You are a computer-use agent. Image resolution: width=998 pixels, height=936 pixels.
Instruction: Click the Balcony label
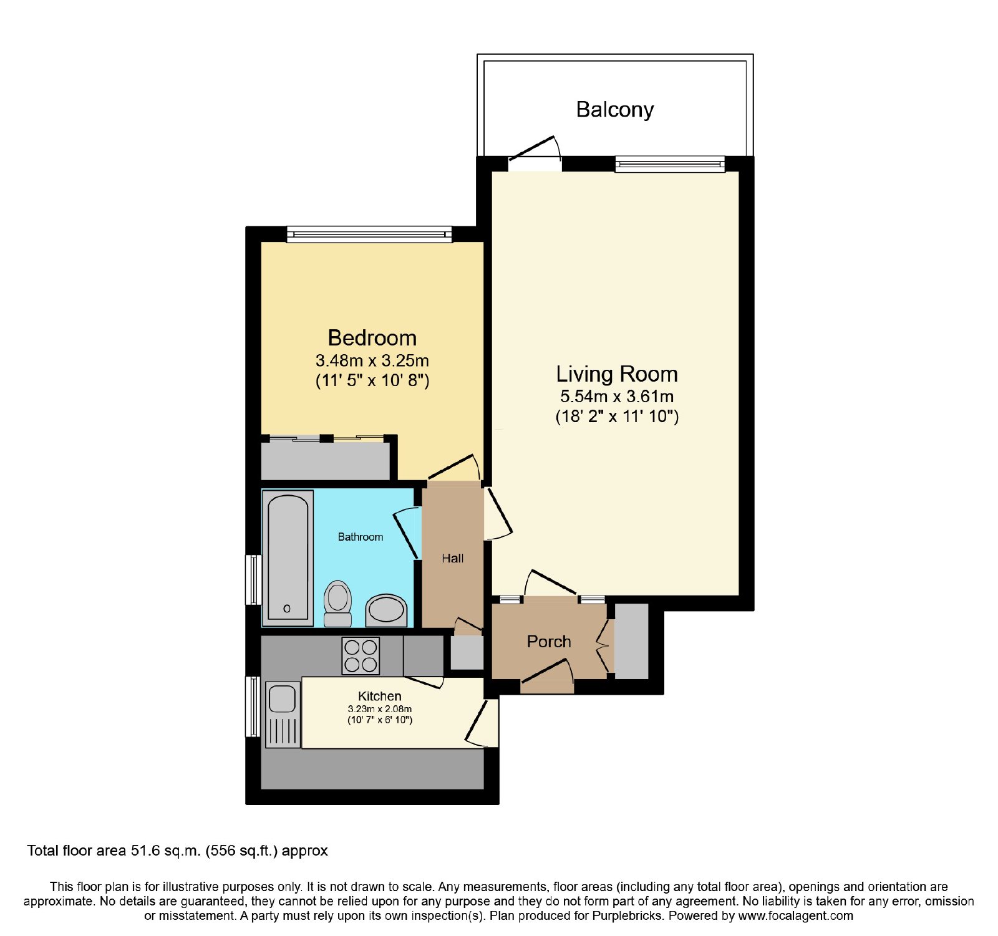coord(614,110)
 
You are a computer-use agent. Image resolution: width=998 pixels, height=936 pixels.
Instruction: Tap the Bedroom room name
coord(372,338)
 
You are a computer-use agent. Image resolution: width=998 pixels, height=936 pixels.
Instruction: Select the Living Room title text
coord(617,374)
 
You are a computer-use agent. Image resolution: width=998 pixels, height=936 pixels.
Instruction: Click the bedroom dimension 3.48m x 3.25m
coord(372,360)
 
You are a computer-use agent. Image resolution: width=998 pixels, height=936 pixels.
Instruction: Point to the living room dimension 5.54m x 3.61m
coord(617,396)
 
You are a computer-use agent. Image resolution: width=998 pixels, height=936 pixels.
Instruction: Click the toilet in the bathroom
coord(337,603)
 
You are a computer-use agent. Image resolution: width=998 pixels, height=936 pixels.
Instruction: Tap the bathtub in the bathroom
coord(288,558)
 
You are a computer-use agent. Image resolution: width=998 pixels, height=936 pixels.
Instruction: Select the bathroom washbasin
coord(386,610)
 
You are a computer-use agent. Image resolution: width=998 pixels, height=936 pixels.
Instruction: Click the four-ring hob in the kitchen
coord(361,656)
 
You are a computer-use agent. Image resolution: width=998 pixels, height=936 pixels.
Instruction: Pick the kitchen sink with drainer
coord(283,715)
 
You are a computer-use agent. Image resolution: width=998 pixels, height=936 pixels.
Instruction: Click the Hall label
coord(453,559)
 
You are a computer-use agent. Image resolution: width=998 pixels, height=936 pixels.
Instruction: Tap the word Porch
coord(549,642)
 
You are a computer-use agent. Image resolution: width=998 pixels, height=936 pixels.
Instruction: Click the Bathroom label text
coord(361,537)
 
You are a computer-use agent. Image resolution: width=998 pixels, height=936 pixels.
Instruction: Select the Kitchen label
coord(380,696)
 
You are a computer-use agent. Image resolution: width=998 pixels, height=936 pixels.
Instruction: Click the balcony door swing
coord(535,150)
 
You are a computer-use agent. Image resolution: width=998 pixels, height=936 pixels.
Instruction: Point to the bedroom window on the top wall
coord(369,234)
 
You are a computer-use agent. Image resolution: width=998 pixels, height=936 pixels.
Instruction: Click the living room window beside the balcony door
coord(670,164)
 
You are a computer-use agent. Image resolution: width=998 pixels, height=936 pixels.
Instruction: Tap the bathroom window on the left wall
coord(253,580)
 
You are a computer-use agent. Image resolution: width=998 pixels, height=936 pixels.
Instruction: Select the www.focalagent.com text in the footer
coord(795,916)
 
